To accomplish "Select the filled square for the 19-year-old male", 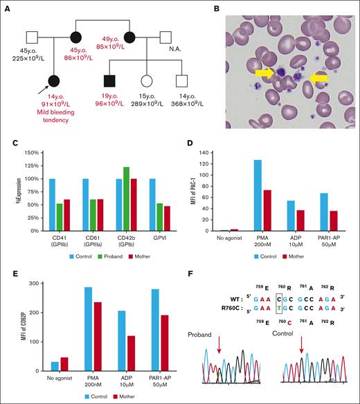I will [x=106, y=81].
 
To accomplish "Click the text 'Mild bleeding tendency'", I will [x=54, y=118].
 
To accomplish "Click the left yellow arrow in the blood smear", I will [x=267, y=72].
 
